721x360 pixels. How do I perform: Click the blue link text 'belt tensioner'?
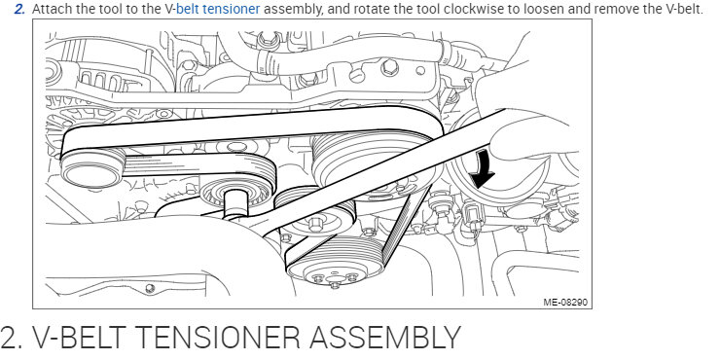218,9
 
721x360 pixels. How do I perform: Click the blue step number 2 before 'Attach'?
18,9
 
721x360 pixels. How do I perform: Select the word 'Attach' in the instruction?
51,9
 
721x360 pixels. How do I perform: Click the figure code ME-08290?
565,302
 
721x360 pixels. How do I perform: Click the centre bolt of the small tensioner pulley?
315,224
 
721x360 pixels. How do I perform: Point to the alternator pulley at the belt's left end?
92,167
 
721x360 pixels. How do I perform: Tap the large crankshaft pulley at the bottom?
335,263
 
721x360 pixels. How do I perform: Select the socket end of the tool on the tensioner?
234,203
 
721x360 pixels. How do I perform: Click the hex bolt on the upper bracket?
389,67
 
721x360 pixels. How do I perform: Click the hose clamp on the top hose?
266,58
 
